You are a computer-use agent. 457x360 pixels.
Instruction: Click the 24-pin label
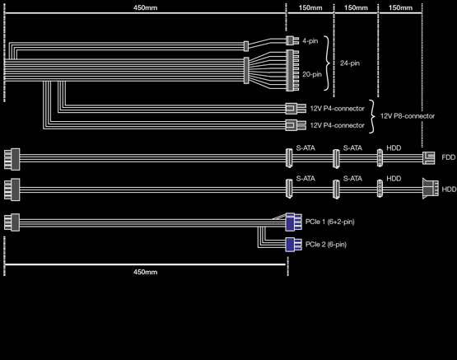[350, 63]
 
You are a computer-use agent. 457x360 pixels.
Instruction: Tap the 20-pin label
[312, 74]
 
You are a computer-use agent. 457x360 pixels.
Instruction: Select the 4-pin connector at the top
[292, 41]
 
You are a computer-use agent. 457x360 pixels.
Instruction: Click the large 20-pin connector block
[292, 70]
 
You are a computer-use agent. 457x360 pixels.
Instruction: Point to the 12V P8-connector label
[408, 116]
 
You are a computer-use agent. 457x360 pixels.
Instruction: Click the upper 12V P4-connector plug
[296, 109]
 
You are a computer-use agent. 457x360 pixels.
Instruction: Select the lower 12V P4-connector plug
[296, 125]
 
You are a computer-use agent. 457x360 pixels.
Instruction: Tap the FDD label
[449, 157]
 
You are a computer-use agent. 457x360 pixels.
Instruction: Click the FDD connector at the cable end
[429, 158]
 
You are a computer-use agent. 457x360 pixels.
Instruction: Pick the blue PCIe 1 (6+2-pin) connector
[294, 222]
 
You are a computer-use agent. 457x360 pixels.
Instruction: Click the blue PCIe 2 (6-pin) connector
[294, 245]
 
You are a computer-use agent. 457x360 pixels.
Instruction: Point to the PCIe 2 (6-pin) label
[326, 245]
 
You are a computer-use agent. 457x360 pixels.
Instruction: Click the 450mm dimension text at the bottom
[145, 272]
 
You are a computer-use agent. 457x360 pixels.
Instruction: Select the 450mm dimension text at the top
[145, 7]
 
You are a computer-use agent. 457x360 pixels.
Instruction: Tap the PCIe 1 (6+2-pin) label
[330, 222]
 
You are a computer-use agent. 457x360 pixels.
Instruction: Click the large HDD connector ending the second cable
[431, 189]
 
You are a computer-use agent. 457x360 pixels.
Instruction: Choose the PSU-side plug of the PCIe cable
[12, 222]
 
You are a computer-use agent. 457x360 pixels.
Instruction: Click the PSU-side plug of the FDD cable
[12, 159]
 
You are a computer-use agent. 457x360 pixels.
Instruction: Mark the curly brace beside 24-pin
[328, 63]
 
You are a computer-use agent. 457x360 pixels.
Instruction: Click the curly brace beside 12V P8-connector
[372, 116]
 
